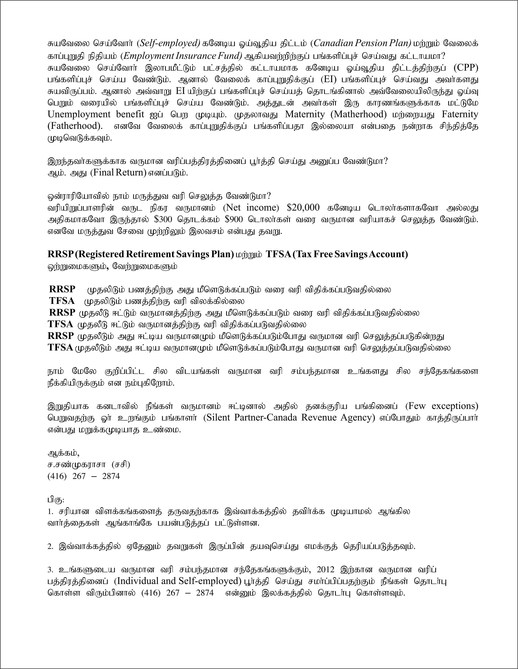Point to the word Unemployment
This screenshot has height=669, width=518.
(79, 114)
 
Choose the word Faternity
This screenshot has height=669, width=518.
(460, 114)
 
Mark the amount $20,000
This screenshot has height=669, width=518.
(303, 208)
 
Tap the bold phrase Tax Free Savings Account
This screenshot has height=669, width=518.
(351, 254)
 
